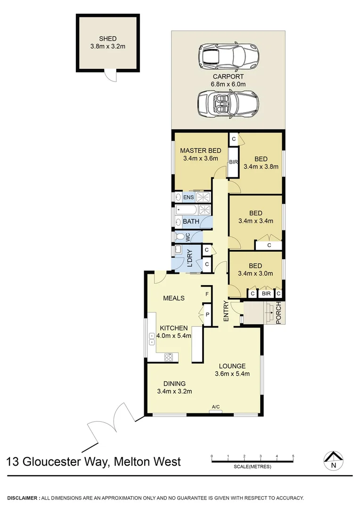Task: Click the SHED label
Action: click(x=107, y=39)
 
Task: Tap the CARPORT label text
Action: click(x=229, y=76)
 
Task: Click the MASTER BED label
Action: click(x=201, y=151)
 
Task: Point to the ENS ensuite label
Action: click(x=188, y=197)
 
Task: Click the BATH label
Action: click(x=191, y=222)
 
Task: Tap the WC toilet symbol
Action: click(x=180, y=237)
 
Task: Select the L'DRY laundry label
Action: click(x=190, y=258)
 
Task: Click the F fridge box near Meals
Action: click(x=206, y=294)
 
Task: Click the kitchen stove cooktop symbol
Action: click(x=169, y=357)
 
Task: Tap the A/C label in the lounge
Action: click(x=216, y=407)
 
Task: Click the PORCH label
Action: click(x=278, y=313)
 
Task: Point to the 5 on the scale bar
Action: click(x=293, y=456)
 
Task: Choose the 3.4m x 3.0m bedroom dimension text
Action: click(x=256, y=273)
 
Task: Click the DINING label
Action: click(x=174, y=383)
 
